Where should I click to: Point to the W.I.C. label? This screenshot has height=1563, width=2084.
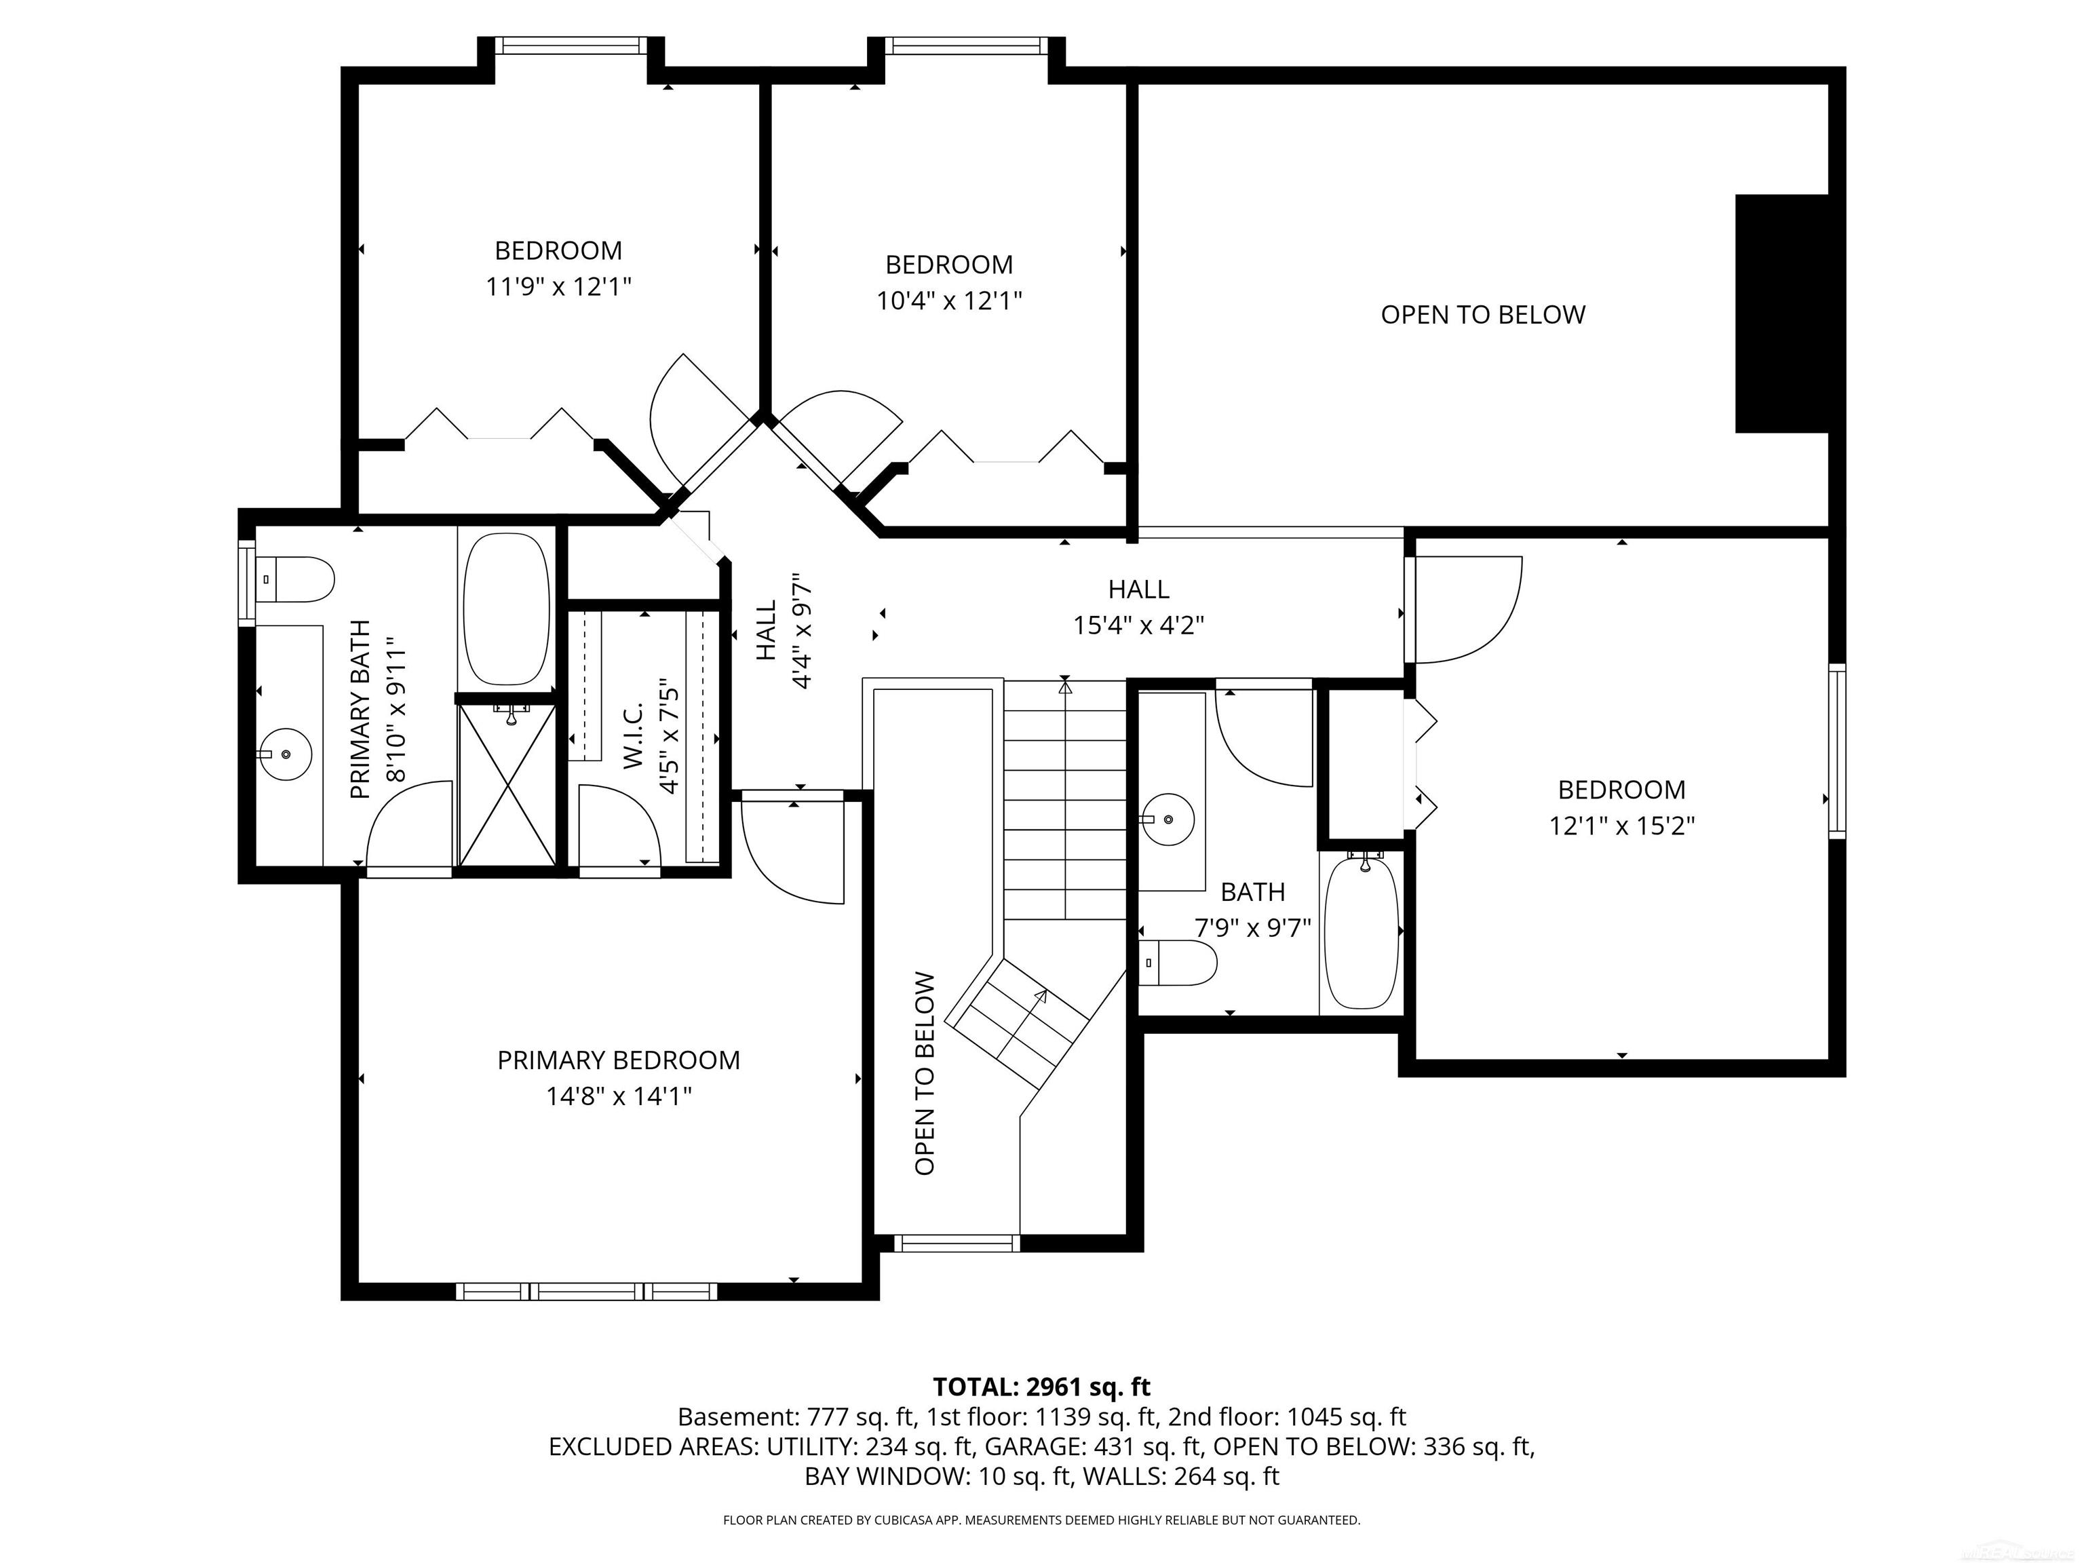coord(633,735)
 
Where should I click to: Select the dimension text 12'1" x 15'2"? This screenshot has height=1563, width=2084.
coord(1621,826)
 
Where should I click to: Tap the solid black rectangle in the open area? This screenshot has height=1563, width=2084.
coord(1781,313)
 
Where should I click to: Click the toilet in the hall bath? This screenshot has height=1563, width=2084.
coord(1178,963)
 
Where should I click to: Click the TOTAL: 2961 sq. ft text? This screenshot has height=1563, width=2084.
coord(1041,1387)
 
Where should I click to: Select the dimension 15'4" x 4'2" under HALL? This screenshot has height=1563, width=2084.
coord(1138,625)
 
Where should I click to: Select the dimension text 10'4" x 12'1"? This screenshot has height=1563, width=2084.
coord(949,301)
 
